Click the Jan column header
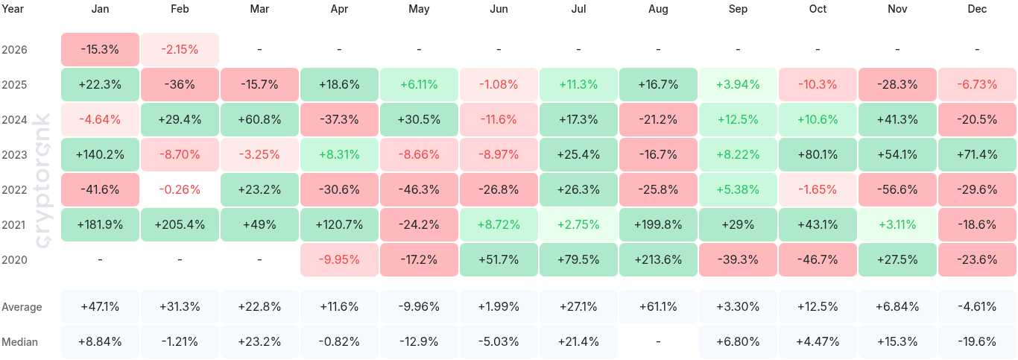(x=100, y=9)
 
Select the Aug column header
(x=658, y=9)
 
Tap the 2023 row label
(x=15, y=154)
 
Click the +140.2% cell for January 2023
(x=100, y=154)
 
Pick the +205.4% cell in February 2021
(x=180, y=224)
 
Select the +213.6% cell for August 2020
(x=658, y=259)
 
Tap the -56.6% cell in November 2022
(x=897, y=189)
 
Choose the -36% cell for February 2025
(x=180, y=84)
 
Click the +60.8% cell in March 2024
(x=259, y=119)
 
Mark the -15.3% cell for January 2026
(x=100, y=49)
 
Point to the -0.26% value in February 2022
(x=180, y=189)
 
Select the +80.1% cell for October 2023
(x=818, y=154)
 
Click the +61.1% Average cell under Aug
(x=658, y=306)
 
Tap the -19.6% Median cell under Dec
(x=977, y=341)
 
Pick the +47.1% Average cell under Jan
(x=100, y=306)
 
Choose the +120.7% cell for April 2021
(x=339, y=224)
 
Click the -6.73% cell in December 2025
(x=977, y=84)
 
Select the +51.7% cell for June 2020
(x=499, y=259)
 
